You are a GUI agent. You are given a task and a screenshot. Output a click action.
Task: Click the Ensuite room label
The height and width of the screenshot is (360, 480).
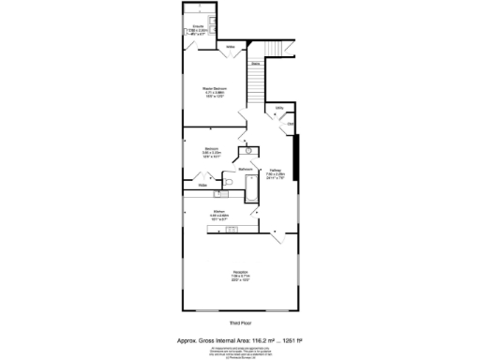(x=198, y=27)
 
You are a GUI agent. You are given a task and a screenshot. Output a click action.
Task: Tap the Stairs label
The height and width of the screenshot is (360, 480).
(x=255, y=64)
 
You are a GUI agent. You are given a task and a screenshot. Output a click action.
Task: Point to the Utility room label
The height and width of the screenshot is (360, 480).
(x=279, y=108)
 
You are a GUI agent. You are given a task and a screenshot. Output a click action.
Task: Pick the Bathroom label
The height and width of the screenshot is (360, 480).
(x=246, y=169)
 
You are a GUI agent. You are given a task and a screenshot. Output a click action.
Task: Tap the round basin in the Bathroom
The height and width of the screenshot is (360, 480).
(x=249, y=149)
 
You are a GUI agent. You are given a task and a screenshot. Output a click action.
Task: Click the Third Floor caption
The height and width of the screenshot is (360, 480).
(x=240, y=322)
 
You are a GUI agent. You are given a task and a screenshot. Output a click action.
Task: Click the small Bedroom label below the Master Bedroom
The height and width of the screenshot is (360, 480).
(x=212, y=149)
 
